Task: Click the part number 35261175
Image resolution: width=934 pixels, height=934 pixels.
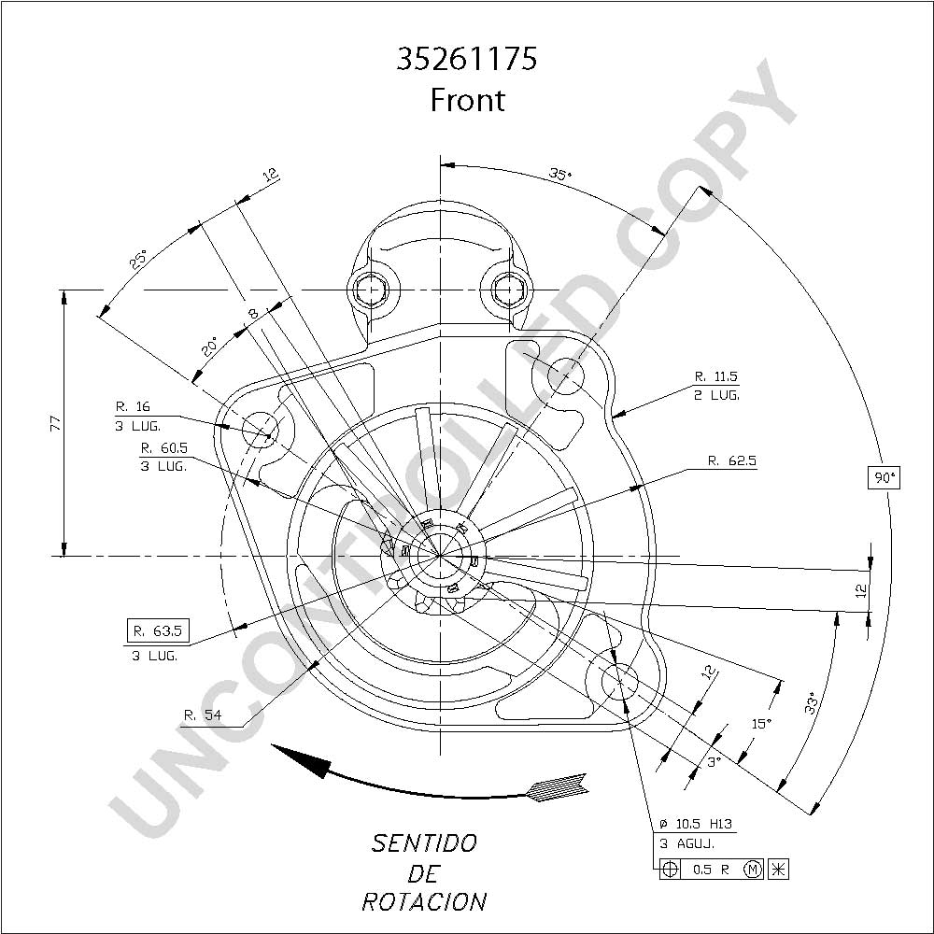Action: point(466,59)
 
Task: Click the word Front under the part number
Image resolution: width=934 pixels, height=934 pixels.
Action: point(468,100)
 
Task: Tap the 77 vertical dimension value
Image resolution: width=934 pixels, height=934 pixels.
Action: point(55,423)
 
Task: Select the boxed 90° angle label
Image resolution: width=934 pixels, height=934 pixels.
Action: point(884,477)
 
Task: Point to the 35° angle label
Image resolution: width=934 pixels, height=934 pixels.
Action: point(559,174)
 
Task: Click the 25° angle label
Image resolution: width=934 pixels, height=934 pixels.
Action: point(138,261)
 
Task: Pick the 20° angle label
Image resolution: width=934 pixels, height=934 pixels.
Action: point(209,347)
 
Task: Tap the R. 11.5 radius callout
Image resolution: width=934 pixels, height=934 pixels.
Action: point(716,376)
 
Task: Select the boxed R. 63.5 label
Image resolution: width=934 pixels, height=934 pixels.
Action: point(158,630)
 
